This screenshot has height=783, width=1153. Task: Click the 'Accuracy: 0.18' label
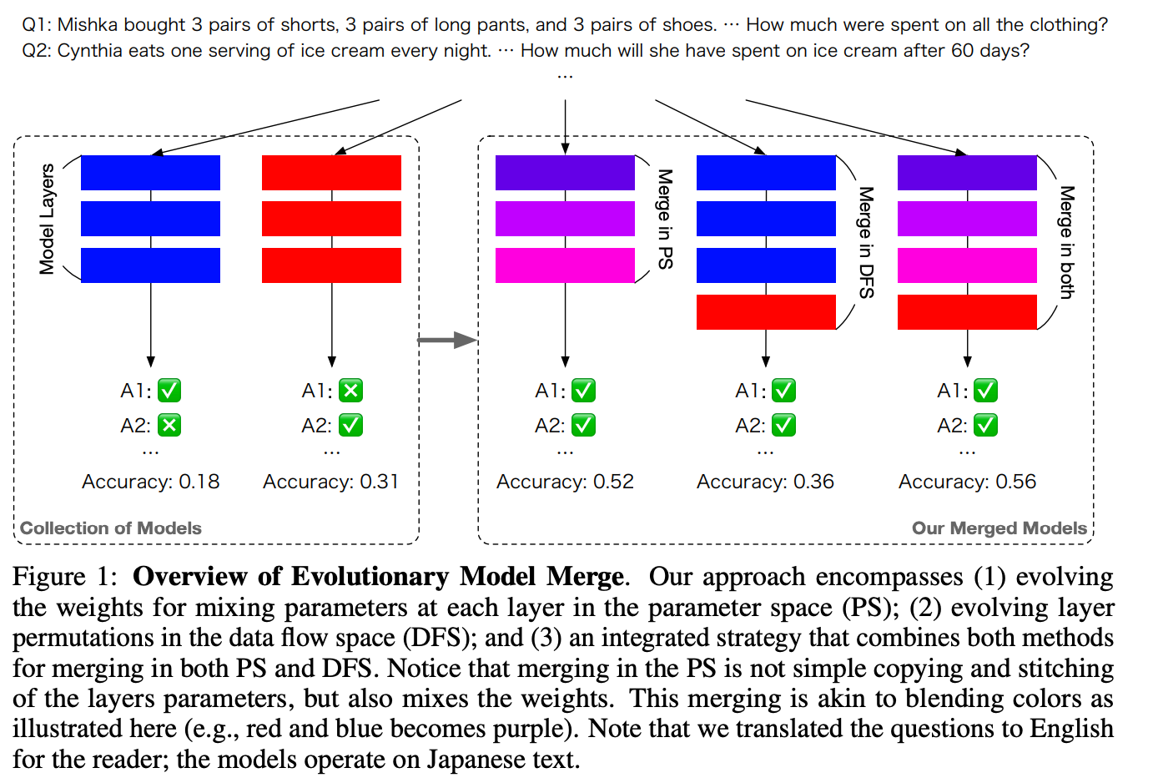point(150,482)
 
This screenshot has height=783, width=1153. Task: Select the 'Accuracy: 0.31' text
point(331,482)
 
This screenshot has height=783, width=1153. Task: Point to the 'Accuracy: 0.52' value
point(565,482)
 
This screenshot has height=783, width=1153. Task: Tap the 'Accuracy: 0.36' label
point(765,482)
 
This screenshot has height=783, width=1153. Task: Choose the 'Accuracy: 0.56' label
point(967,482)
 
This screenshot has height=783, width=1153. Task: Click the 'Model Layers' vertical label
point(47,219)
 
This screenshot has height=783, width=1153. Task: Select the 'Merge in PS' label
point(665,219)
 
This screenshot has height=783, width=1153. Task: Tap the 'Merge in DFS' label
point(866,242)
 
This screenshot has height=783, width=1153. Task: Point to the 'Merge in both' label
point(1066,242)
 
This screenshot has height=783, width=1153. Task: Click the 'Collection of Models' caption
point(111,528)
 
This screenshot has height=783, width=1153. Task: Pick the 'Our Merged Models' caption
point(999,528)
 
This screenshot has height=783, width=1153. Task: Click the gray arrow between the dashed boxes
point(446,340)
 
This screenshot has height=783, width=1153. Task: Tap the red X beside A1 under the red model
point(350,391)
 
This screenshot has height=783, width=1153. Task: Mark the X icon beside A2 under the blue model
point(169,426)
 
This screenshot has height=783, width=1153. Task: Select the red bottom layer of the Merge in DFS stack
point(766,312)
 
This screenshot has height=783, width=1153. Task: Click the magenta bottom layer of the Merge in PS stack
point(565,265)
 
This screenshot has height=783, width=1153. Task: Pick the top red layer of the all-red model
point(331,173)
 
